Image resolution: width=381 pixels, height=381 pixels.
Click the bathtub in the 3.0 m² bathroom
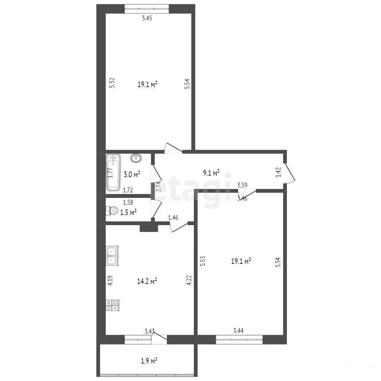click(113, 172)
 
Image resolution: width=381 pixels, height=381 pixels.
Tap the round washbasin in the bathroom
click(136, 158)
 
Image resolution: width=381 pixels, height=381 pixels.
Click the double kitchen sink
click(112, 256)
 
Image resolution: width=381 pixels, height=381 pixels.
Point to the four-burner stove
click(112, 305)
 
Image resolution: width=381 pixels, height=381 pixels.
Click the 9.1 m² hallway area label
click(211, 173)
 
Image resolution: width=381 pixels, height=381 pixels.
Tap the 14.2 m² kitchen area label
click(147, 281)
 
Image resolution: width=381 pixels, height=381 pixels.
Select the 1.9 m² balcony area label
click(149, 361)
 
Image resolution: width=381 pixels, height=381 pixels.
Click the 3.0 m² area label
click(132, 174)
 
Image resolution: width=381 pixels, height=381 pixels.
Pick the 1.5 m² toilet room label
click(128, 212)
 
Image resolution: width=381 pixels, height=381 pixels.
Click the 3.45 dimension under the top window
click(147, 18)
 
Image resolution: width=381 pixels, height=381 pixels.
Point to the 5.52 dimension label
click(112, 83)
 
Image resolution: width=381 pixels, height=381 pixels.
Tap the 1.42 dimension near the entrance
click(278, 172)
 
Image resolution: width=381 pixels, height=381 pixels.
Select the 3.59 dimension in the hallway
click(242, 185)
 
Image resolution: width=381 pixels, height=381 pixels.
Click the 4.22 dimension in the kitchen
click(189, 280)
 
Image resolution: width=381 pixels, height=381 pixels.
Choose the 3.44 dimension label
click(238, 330)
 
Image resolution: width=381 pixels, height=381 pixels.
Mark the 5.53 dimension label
click(203, 261)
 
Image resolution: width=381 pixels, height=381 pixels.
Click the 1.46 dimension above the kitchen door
click(173, 218)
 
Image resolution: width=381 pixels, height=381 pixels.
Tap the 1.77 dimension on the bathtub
click(110, 173)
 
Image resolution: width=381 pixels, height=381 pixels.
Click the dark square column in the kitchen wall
click(149, 228)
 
